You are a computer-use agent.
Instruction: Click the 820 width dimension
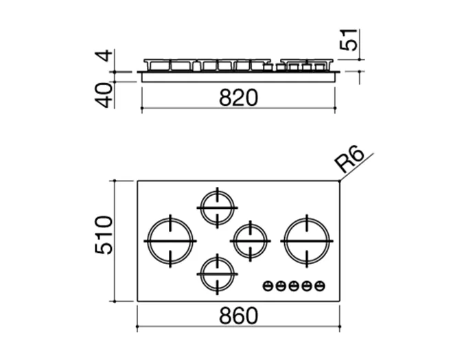coord(238,98)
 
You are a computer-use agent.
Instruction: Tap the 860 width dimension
coord(238,316)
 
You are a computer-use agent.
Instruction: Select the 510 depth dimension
coord(104,235)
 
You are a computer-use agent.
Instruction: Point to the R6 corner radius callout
coord(349,159)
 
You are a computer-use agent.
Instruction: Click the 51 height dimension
coord(349,40)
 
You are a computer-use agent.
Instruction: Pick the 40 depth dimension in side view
coord(104,95)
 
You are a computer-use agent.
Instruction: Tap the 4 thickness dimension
coord(104,56)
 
